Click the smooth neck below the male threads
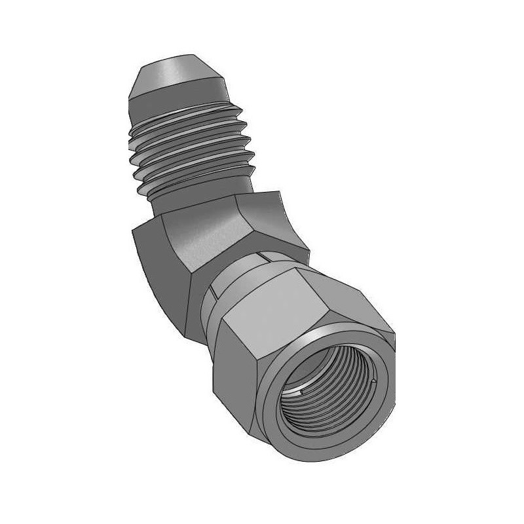click(196, 200)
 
